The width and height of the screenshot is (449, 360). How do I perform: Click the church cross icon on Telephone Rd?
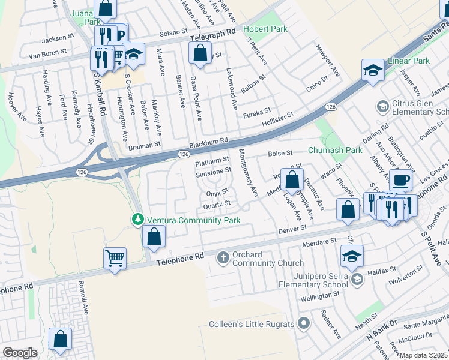(x=223, y=257)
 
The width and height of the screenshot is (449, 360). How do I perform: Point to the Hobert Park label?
(x=265, y=29)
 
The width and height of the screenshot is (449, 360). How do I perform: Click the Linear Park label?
(x=409, y=61)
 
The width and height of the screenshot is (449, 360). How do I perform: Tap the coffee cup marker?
(x=400, y=179)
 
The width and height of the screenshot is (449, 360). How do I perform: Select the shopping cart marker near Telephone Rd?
(x=115, y=259)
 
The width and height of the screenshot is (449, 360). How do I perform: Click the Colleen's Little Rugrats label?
(x=252, y=324)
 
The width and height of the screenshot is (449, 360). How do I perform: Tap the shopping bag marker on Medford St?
(x=292, y=179)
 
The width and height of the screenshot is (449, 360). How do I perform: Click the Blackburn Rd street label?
(x=208, y=143)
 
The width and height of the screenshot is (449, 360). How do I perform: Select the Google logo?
(x=20, y=352)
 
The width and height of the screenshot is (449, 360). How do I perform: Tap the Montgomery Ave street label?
(x=248, y=173)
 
